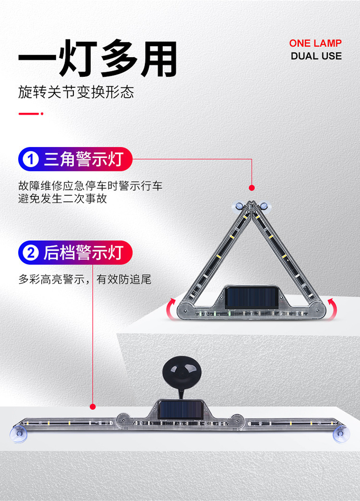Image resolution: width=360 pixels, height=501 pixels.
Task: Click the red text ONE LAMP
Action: [315, 43]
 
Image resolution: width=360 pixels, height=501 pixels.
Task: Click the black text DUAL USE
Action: [316, 56]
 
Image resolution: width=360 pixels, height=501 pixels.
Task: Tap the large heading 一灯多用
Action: [98, 60]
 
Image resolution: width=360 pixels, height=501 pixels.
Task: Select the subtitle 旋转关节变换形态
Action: [76, 92]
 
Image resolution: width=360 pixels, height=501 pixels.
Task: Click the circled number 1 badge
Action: [31, 159]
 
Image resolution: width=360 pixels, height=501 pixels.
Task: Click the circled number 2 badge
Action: [31, 253]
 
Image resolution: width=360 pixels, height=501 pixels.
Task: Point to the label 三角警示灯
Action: [84, 159]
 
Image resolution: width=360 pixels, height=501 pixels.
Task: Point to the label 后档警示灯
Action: [84, 253]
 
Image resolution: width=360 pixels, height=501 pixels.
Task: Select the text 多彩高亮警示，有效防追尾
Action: [85, 279]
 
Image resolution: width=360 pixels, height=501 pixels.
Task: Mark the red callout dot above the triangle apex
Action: [252, 188]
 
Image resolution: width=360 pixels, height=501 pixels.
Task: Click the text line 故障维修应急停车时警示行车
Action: [90, 186]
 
